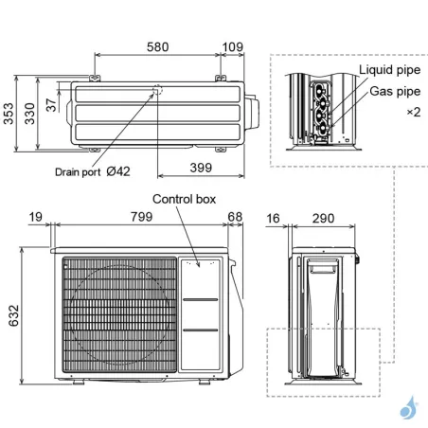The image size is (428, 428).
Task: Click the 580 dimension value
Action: [x=159, y=47]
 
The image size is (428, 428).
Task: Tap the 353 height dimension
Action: [x=9, y=116]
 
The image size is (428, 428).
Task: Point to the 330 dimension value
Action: [x=31, y=116]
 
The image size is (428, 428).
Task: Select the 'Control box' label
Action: [x=185, y=199]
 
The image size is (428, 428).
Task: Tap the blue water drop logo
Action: [x=408, y=408]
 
